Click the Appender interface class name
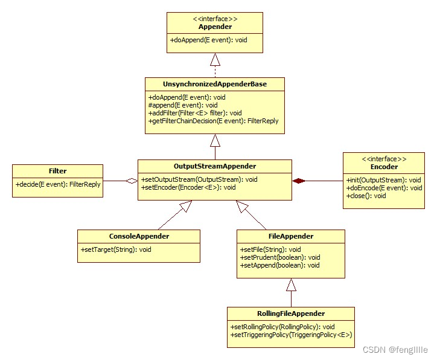[x=215, y=27]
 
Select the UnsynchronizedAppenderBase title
[x=215, y=84]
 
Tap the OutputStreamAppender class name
[x=215, y=166]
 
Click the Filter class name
[x=57, y=171]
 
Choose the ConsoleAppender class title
[x=139, y=236]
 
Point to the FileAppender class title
[x=291, y=236]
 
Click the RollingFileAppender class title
[x=291, y=313]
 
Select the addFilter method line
[x=194, y=113]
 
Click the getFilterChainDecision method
[x=213, y=121]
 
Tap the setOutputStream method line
[x=199, y=179]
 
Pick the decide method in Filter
[x=58, y=184]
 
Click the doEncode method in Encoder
[x=384, y=188]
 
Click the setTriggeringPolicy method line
[x=290, y=335]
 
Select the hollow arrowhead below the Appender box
[x=215, y=59]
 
